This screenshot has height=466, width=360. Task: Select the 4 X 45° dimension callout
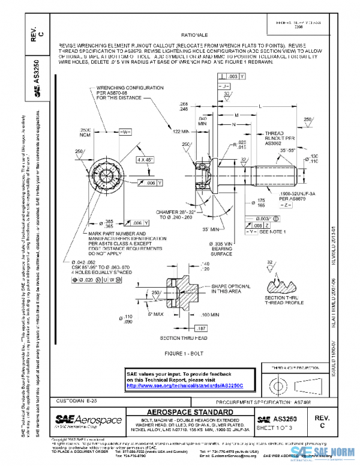pos(144,160)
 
